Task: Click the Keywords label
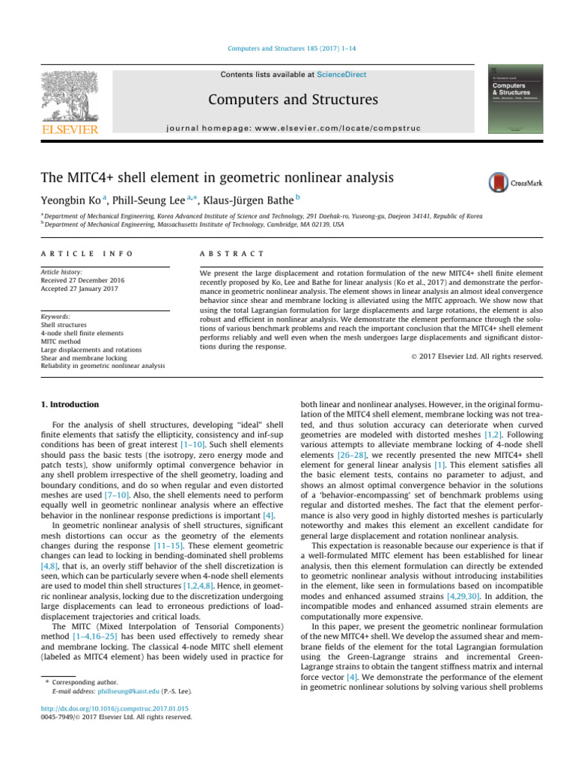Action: click(55, 317)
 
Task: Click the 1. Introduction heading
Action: click(69, 405)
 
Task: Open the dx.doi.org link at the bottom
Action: click(115, 708)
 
